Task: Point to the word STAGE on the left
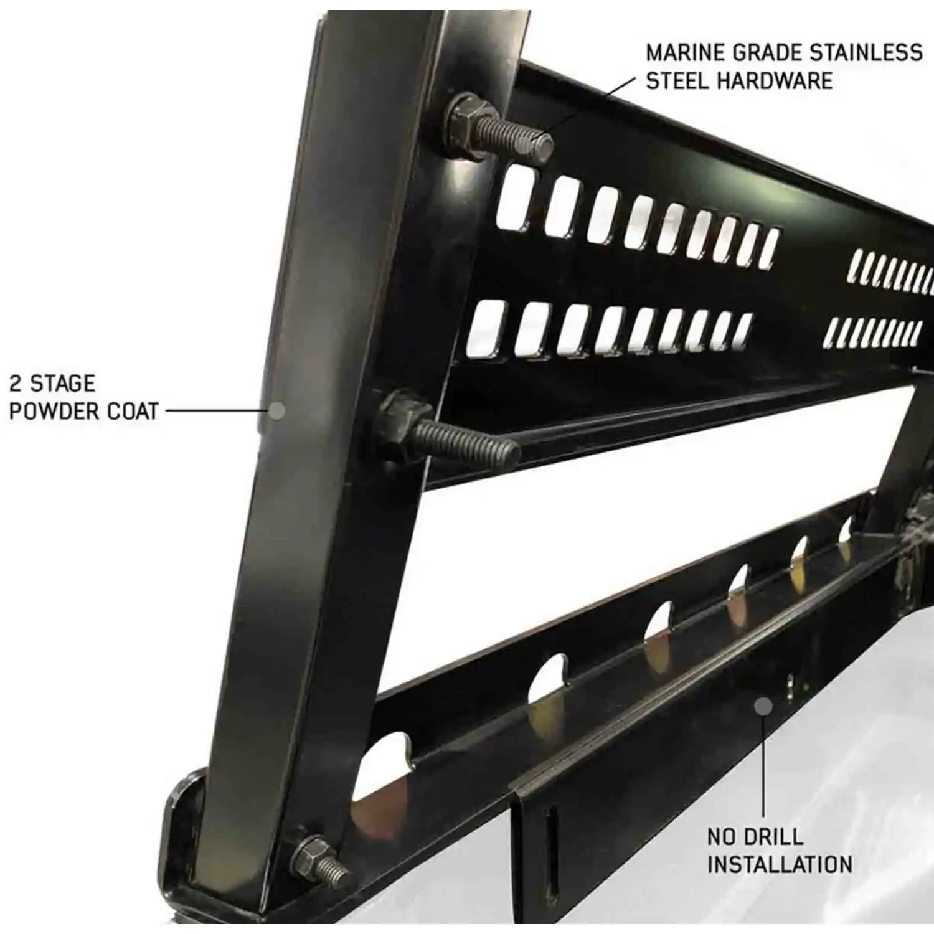63,383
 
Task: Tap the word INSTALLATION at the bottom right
780,865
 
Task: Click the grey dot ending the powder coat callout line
276,411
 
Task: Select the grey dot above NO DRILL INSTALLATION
763,706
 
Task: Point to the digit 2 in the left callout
16,383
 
